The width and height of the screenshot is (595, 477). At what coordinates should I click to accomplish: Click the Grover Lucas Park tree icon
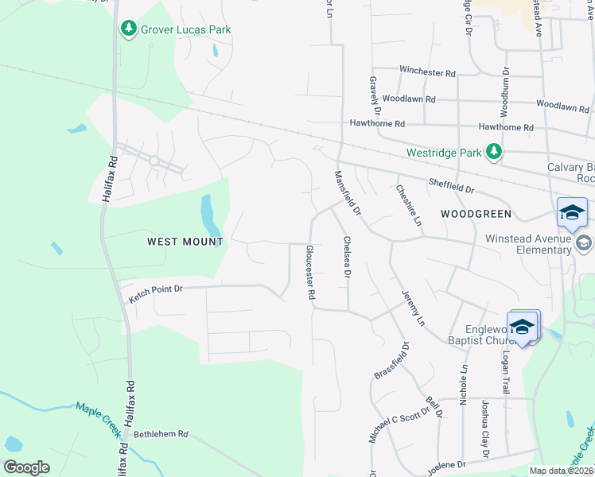tap(129, 29)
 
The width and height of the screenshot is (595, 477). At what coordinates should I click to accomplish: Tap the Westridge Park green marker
tap(494, 151)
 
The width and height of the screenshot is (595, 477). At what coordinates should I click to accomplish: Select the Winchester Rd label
tap(427, 72)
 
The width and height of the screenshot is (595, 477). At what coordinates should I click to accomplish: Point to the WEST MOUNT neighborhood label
tap(185, 240)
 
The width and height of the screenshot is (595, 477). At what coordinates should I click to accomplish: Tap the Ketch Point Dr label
tap(156, 294)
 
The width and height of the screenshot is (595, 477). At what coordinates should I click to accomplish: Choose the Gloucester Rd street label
tap(310, 272)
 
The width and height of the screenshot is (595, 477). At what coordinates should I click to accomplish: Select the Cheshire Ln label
tap(407, 205)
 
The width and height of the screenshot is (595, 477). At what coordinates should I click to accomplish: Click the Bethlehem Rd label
tap(161, 434)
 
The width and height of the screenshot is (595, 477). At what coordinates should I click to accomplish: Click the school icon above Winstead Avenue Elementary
tap(572, 212)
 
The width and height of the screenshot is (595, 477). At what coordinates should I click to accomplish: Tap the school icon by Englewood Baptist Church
tap(523, 327)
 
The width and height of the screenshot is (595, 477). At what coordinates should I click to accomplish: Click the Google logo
tap(26, 467)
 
